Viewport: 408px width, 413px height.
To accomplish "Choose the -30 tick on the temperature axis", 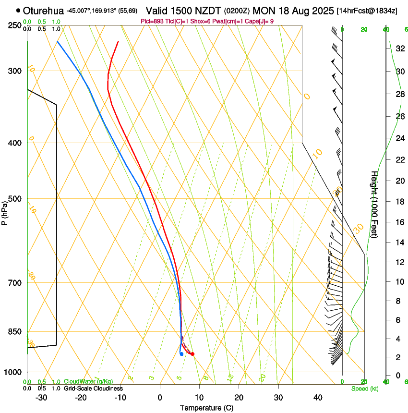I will [42, 398].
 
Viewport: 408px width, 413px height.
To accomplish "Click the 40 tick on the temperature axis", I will [317, 398].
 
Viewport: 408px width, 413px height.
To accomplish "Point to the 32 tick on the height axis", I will [399, 48].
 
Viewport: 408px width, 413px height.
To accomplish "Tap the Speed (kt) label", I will [364, 389].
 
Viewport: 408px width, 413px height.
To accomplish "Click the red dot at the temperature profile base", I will [192, 354].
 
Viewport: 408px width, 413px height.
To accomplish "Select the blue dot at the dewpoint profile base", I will [181, 354].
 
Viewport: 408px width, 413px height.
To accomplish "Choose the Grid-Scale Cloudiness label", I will [93, 389].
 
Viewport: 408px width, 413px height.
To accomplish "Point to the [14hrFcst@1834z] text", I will [367, 11].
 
